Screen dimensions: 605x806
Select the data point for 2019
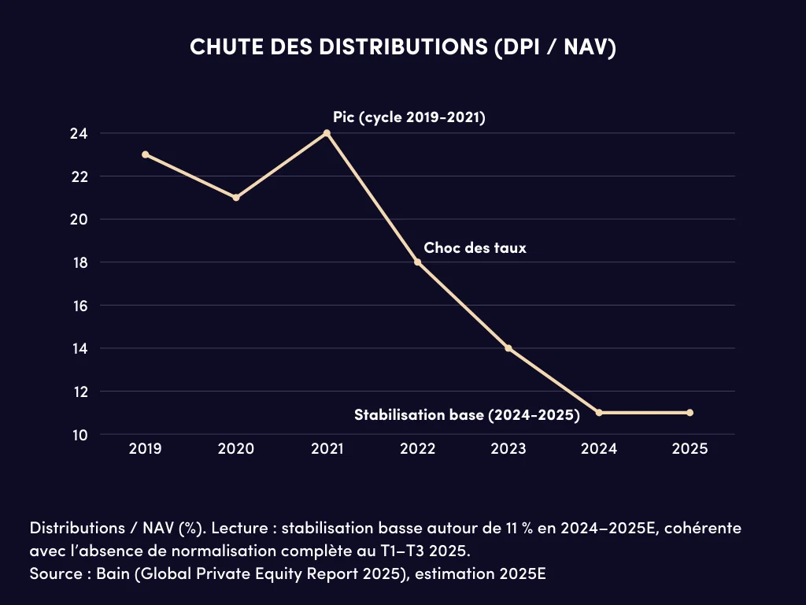click(x=146, y=154)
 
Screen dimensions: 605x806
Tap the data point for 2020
click(x=236, y=198)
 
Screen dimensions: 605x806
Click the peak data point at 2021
click(x=327, y=133)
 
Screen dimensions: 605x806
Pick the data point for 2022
click(x=418, y=262)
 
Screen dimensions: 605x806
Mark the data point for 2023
click(x=508, y=348)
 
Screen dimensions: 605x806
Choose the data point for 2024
click(x=599, y=413)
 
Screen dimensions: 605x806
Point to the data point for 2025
click(x=690, y=413)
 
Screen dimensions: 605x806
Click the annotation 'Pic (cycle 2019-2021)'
click(x=409, y=118)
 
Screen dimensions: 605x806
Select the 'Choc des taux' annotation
click(x=475, y=247)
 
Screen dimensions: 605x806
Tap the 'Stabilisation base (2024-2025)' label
click(x=467, y=415)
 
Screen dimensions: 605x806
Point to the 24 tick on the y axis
click(x=79, y=134)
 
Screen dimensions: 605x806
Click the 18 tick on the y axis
click(x=79, y=262)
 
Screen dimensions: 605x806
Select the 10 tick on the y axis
click(x=79, y=435)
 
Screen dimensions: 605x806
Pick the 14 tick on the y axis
click(x=79, y=349)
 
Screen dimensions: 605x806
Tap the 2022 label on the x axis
click(x=418, y=449)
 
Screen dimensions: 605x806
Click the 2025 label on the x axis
click(x=690, y=449)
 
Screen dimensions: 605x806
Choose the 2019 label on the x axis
click(x=146, y=449)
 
